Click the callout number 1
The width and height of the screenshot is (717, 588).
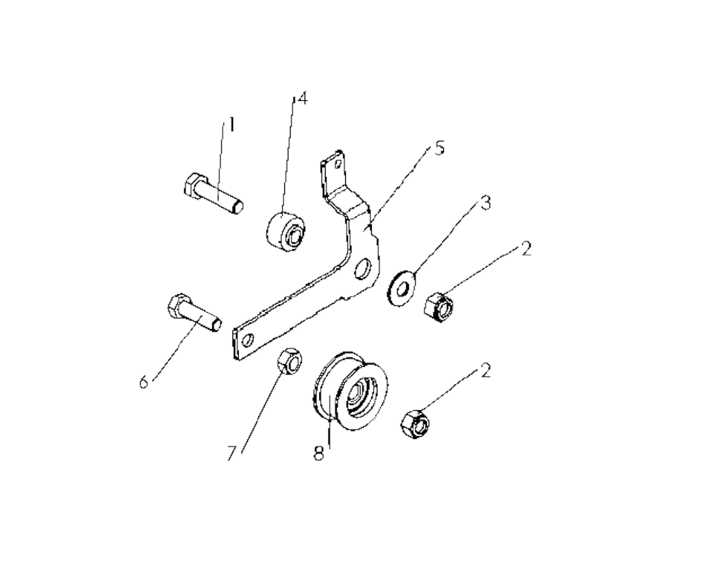232,125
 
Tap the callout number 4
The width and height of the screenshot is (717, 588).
301,98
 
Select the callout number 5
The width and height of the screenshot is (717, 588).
439,148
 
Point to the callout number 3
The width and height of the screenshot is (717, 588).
485,202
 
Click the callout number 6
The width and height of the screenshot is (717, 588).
144,381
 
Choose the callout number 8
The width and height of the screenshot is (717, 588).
319,453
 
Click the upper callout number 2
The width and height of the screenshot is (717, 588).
527,250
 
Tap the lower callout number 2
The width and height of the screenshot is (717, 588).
486,370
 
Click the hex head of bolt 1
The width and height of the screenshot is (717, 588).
192,186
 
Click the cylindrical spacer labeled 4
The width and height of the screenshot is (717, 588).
285,232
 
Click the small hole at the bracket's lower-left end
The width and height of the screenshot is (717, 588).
249,339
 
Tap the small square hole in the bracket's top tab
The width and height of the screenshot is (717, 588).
337,163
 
